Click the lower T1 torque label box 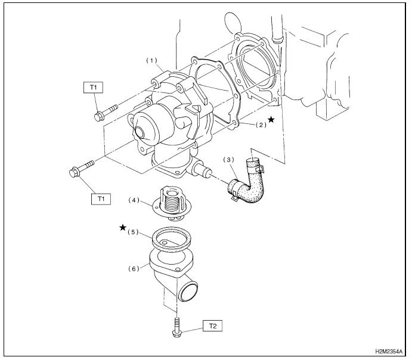pos(101,199)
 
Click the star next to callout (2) pos(271,120)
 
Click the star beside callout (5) pos(123,228)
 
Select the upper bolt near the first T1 pos(104,113)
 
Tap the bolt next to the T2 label pos(176,327)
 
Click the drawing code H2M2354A pos(390,352)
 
